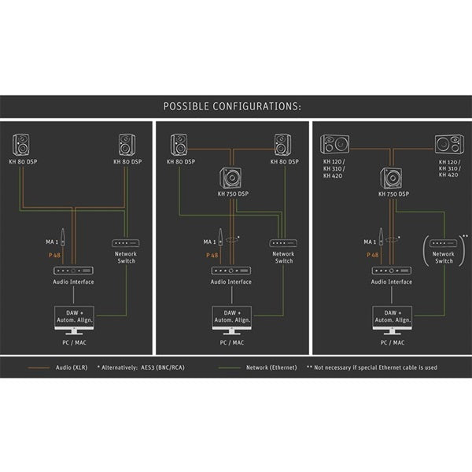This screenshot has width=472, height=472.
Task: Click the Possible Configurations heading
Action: [x=232, y=106]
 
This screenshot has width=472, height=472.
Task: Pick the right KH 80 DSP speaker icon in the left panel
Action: [x=127, y=145]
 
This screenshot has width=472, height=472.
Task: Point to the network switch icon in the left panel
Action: [x=125, y=243]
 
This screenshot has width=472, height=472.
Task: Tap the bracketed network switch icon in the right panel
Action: [x=444, y=243]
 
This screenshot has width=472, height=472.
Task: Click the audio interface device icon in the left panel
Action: [x=72, y=270]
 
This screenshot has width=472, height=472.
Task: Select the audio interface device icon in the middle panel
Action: [x=231, y=270]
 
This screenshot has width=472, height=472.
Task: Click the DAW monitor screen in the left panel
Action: [x=72, y=316]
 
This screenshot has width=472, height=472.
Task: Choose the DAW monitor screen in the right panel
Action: [x=392, y=316]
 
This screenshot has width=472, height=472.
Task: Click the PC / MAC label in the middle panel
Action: [x=231, y=342]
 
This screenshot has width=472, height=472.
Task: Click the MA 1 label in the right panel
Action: [x=370, y=242]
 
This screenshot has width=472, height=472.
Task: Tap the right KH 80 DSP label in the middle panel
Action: [x=283, y=161]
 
